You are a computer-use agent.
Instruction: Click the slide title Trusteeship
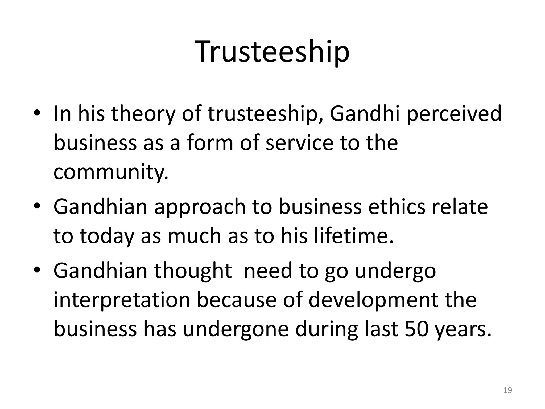pyautogui.click(x=272, y=52)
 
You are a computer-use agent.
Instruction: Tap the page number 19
pyautogui.click(x=508, y=391)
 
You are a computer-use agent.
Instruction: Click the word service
pyautogui.click(x=299, y=143)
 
